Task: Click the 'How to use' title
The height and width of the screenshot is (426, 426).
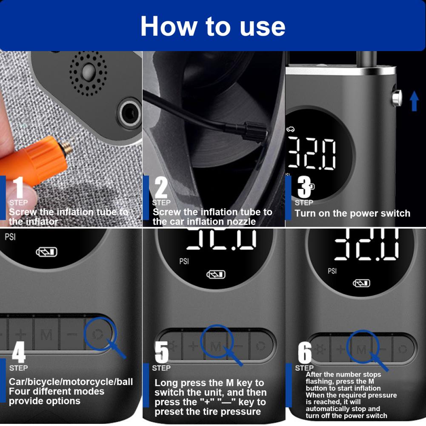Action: (x=213, y=26)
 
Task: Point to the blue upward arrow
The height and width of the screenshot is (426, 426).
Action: (x=414, y=101)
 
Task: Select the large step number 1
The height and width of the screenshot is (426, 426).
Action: (x=18, y=187)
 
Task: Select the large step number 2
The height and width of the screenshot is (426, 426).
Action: (x=161, y=187)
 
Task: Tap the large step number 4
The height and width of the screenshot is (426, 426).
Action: (x=18, y=352)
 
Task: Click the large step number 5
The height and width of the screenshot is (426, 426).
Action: (x=161, y=352)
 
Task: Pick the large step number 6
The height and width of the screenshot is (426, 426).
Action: (x=305, y=352)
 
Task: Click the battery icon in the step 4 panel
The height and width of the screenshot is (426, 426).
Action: (x=47, y=252)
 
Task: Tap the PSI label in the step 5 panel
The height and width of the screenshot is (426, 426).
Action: (x=184, y=261)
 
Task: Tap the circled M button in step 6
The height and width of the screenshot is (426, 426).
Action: (x=361, y=349)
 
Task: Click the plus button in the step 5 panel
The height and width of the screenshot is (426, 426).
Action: (x=193, y=346)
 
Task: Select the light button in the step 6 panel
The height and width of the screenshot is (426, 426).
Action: (x=320, y=349)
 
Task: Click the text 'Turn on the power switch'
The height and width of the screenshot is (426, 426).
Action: (x=352, y=214)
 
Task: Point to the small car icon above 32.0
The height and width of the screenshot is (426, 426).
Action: (x=290, y=129)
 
